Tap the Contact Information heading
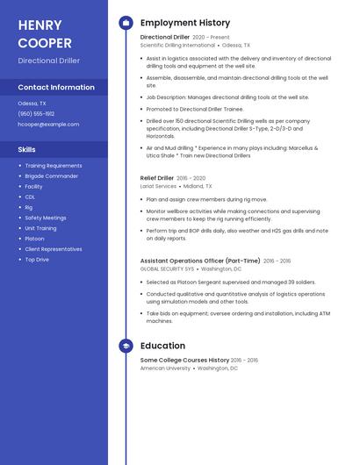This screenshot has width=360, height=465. point(56,88)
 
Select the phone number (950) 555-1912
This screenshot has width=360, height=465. point(36,113)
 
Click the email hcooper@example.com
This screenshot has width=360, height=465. point(48,124)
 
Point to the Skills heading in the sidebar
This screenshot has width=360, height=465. point(27,149)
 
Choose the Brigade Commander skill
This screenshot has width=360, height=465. point(51,175)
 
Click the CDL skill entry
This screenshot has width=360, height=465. point(30,197)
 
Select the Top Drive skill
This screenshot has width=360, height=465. point(37,260)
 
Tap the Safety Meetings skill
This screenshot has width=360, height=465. point(45,218)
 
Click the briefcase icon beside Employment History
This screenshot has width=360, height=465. point(126,23)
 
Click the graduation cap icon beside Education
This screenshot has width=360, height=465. point(126,346)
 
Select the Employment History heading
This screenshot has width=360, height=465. point(185,23)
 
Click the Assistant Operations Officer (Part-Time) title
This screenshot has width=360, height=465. point(200,261)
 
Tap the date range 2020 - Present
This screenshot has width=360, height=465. point(211,38)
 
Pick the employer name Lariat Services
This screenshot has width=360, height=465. point(158,186)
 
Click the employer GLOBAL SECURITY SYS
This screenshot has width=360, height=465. point(167,268)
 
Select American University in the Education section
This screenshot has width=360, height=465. point(165,368)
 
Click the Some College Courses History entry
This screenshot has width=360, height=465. point(184,360)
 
